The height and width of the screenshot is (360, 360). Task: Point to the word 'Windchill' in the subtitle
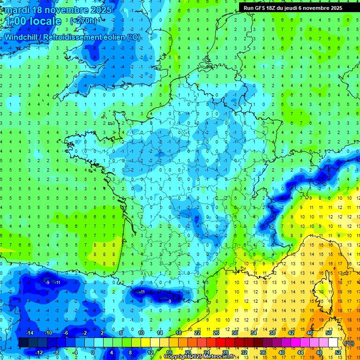coord(20,37)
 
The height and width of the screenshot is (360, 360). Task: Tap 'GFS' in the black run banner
coord(263,8)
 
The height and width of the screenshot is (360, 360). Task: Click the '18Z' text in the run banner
coord(276,8)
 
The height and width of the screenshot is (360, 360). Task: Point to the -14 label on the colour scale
coord(29,333)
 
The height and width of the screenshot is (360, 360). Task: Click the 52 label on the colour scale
coord(338,352)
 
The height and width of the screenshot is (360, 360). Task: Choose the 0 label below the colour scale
coord(92,352)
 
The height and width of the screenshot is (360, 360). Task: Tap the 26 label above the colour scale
coord(216,333)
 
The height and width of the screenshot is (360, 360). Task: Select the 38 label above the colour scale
coord(272,333)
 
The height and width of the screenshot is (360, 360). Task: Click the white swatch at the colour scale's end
coord(333,343)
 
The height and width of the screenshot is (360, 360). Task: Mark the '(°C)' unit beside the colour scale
coord(349,343)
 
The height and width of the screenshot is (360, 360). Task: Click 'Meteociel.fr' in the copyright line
coord(212,357)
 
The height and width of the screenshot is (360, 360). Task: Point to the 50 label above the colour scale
coord(329,333)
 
